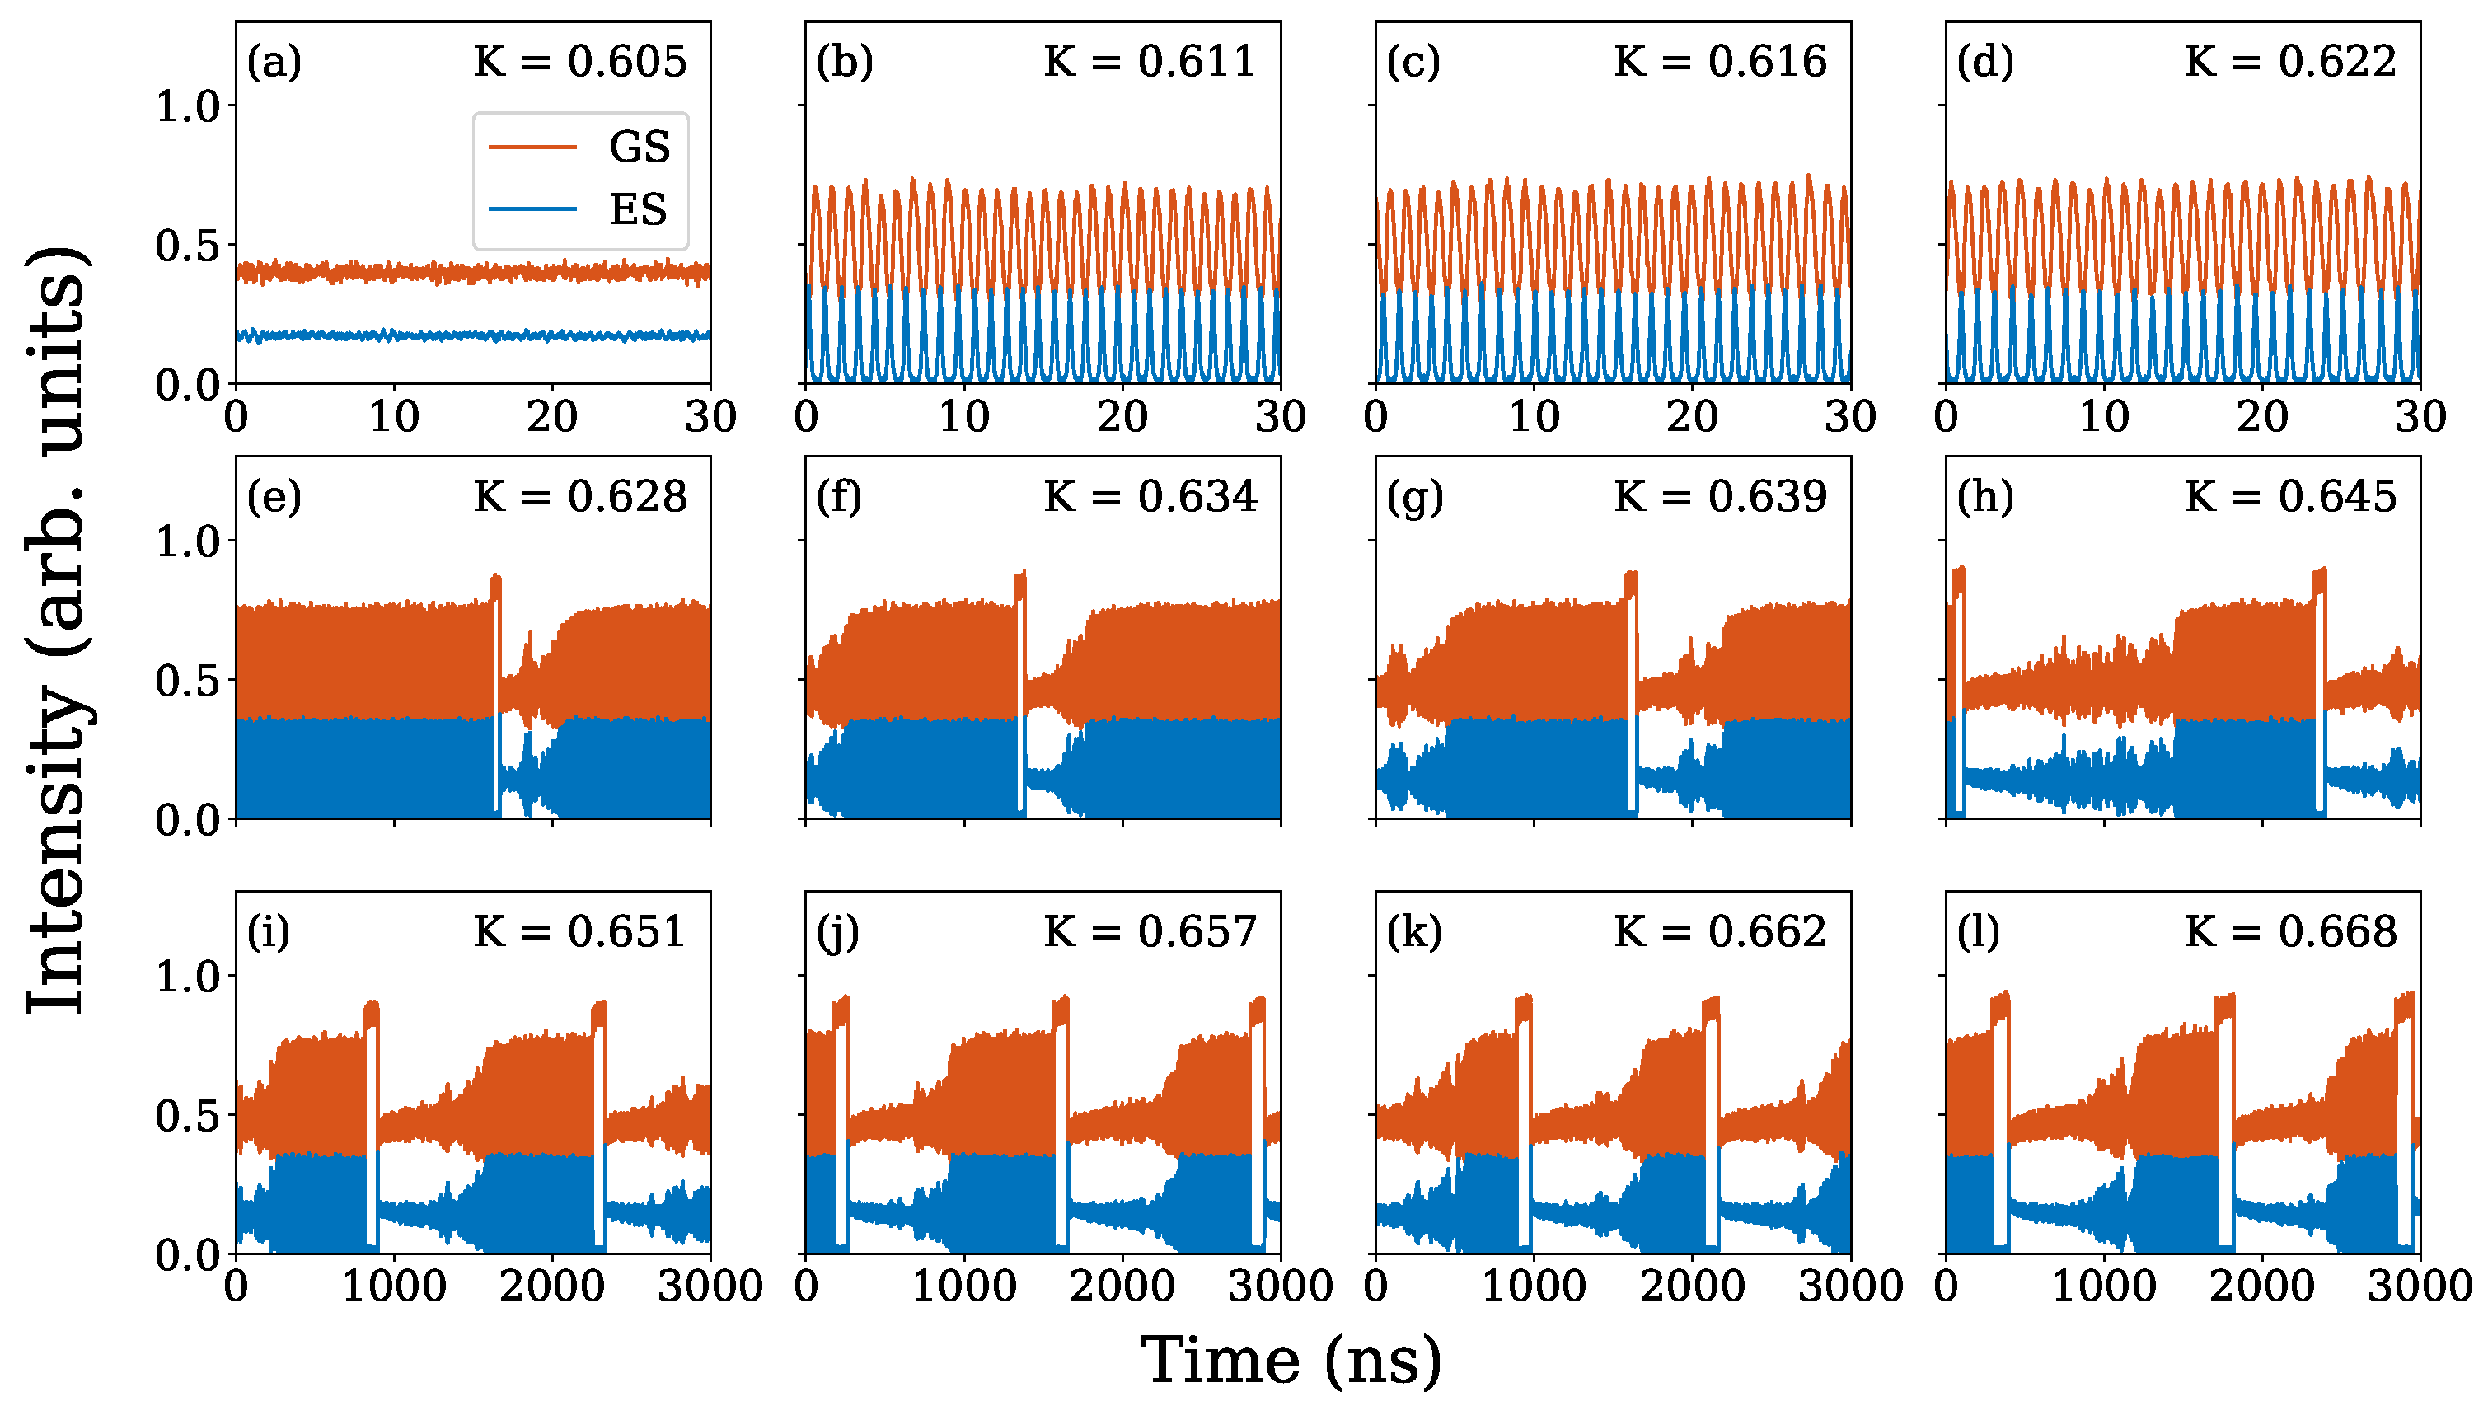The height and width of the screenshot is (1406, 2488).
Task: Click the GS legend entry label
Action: (x=639, y=147)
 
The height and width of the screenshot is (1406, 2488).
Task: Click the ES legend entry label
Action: (x=638, y=209)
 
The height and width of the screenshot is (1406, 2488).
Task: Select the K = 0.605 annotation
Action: (x=579, y=62)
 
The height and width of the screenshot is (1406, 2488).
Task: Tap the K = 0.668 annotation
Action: (x=2290, y=932)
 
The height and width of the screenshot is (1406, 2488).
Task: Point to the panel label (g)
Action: (x=1414, y=497)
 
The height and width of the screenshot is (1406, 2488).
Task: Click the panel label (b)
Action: (x=843, y=62)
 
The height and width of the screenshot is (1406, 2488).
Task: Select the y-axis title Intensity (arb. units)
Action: (x=58, y=628)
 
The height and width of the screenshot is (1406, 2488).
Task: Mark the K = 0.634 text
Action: (x=1150, y=497)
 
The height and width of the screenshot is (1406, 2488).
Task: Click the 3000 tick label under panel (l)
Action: (x=2420, y=1286)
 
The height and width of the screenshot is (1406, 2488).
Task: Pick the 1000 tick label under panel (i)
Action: (x=394, y=1286)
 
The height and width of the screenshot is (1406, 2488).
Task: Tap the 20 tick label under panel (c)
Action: (x=1692, y=417)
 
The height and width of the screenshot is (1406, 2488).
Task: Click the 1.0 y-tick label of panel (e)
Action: (x=189, y=541)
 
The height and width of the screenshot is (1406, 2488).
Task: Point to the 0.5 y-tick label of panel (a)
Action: (x=189, y=246)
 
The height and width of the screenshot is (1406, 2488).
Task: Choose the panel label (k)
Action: (x=1414, y=932)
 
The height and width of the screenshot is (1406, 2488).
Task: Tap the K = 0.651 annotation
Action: (x=579, y=932)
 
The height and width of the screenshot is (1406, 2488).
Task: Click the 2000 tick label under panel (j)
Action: (x=1122, y=1286)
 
